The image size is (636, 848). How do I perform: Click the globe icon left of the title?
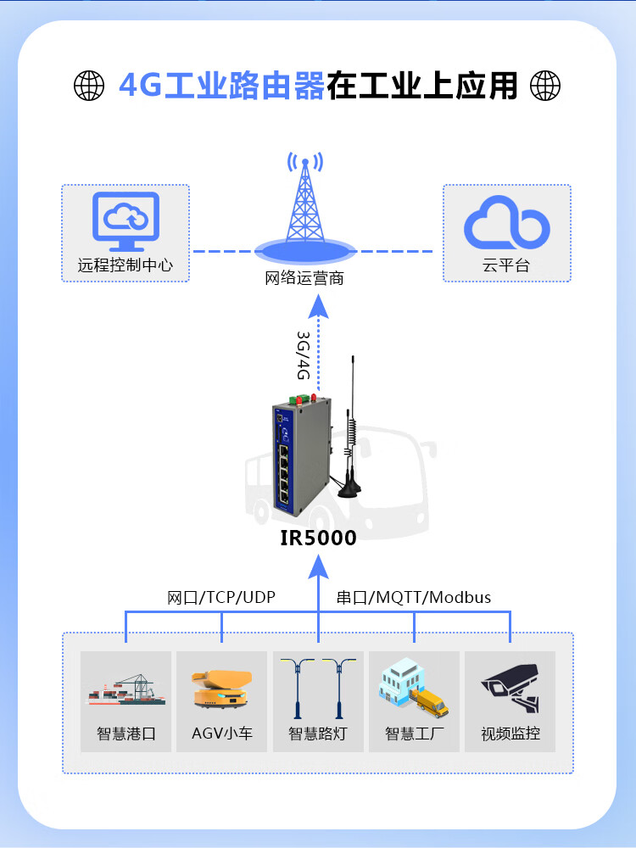pyautogui.click(x=89, y=85)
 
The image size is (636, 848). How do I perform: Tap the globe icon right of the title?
pyautogui.click(x=545, y=85)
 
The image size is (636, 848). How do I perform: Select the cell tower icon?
pyautogui.click(x=304, y=204)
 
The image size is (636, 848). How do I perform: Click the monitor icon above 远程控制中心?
pyautogui.click(x=126, y=220)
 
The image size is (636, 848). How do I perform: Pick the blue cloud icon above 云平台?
pyautogui.click(x=507, y=222)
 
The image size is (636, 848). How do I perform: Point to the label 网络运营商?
pyautogui.click(x=304, y=278)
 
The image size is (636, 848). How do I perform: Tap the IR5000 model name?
pyautogui.click(x=318, y=538)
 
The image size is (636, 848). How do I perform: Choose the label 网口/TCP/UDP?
pyautogui.click(x=221, y=597)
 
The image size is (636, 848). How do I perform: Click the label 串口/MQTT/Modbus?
pyautogui.click(x=413, y=597)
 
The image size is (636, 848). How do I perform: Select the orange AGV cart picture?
pyautogui.click(x=222, y=686)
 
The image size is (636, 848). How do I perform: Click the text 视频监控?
pyautogui.click(x=510, y=734)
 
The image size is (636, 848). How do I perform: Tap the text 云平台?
pyautogui.click(x=506, y=265)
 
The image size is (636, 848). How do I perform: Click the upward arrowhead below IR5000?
pyautogui.click(x=318, y=563)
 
